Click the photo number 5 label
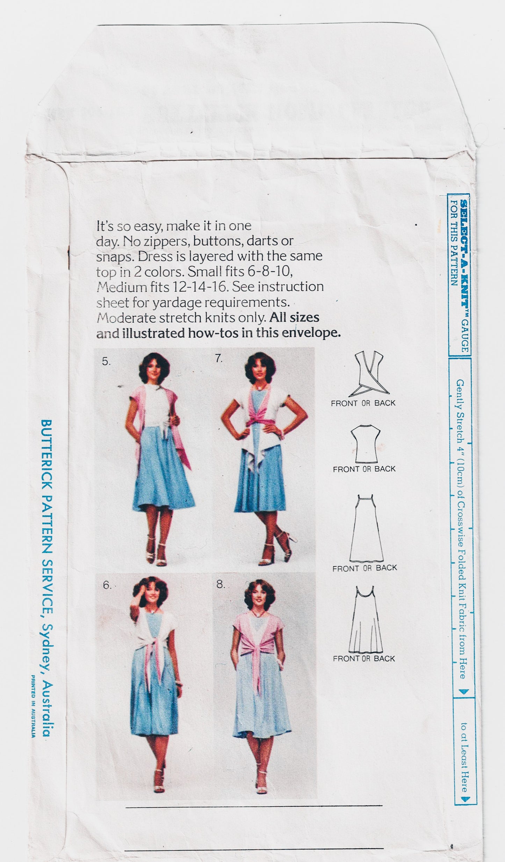(106, 362)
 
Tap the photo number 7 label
(219, 359)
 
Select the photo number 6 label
(107, 586)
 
